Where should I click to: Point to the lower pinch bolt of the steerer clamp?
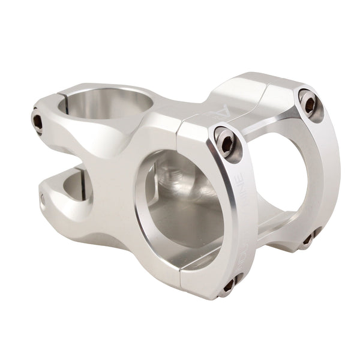click(x=43, y=199)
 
